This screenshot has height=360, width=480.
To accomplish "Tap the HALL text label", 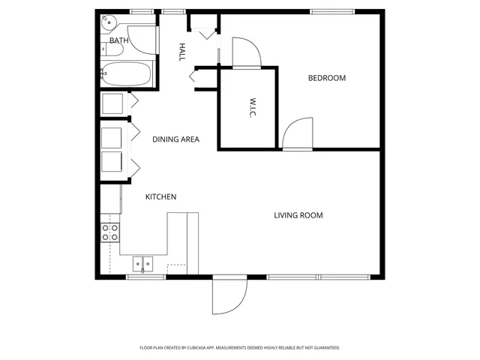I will point(181,52).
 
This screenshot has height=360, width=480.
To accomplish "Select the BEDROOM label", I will point(327,78).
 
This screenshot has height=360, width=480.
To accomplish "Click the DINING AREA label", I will point(175,139).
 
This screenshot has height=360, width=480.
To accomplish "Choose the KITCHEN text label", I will point(160,197).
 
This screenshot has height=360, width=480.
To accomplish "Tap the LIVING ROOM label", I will point(298,215).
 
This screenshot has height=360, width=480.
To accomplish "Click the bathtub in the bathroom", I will point(127,74).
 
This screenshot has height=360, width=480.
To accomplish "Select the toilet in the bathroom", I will point(106,49).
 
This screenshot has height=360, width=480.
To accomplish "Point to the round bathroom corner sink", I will point(107,22).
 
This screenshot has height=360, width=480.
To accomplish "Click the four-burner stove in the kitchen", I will point(110,232).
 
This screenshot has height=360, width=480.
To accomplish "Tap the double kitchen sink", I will point(142,263).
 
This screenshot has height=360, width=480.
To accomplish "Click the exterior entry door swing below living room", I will point(228,296).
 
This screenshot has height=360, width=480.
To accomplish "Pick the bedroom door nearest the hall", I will point(246,52).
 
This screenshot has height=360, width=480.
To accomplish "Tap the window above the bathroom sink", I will point(142,11).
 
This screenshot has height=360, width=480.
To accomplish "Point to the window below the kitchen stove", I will point(145,277).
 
